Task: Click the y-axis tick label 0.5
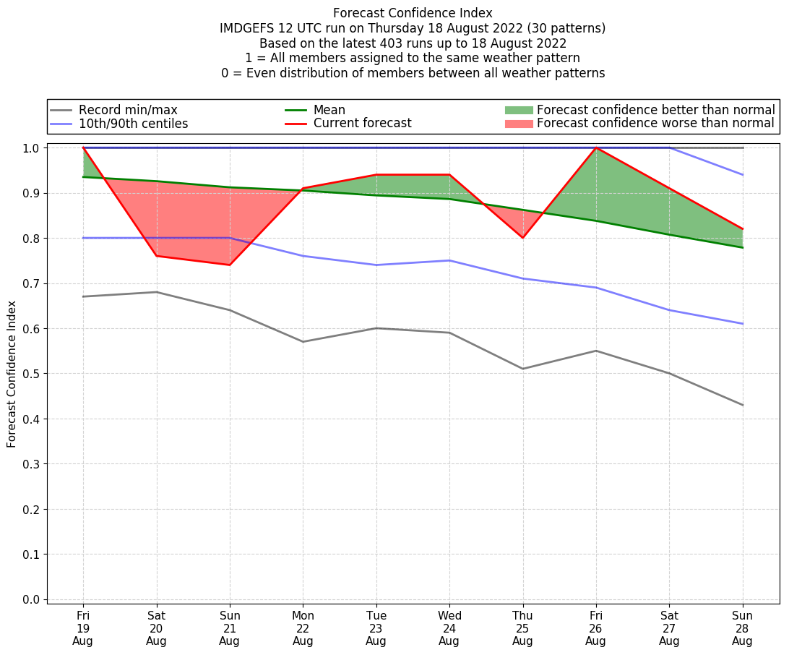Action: (33, 374)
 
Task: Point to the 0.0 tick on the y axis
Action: (33, 599)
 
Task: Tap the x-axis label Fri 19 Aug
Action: (83, 628)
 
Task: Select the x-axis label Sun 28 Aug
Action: (742, 628)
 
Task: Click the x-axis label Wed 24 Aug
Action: (449, 628)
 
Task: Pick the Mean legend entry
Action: (329, 111)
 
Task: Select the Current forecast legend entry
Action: (362, 124)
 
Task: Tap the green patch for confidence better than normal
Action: (518, 111)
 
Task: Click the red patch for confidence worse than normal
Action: (518, 124)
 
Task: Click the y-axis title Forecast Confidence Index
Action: (12, 374)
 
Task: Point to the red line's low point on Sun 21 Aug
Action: (230, 265)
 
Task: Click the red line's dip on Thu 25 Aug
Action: (522, 238)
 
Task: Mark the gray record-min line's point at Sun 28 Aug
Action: (742, 405)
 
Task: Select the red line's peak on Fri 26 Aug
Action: (596, 147)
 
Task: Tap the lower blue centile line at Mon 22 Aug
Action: (303, 256)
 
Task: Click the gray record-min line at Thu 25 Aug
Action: (522, 369)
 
